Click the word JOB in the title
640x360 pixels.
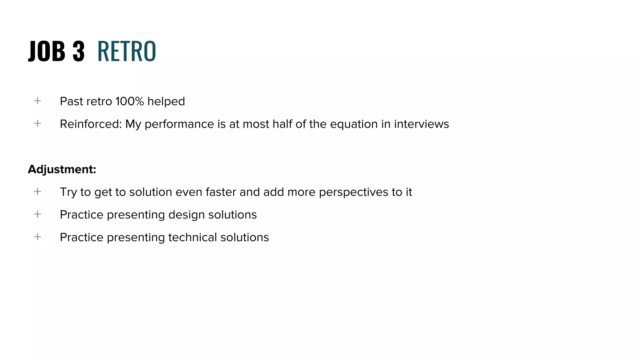click(x=47, y=51)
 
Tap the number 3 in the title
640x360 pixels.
click(x=78, y=51)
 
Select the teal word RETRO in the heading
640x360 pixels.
click(x=127, y=51)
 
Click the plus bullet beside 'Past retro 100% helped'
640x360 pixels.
click(x=37, y=101)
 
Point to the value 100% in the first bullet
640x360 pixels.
click(x=129, y=101)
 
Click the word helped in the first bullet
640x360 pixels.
click(x=166, y=101)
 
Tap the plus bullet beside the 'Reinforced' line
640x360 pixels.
click(x=37, y=123)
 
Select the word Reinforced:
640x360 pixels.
click(x=91, y=124)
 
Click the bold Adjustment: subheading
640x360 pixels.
click(x=62, y=169)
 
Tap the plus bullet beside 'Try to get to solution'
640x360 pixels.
click(x=37, y=191)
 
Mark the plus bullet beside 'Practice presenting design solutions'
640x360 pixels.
click(x=37, y=214)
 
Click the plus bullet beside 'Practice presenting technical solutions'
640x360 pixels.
click(x=37, y=237)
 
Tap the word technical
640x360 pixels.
click(x=192, y=237)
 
